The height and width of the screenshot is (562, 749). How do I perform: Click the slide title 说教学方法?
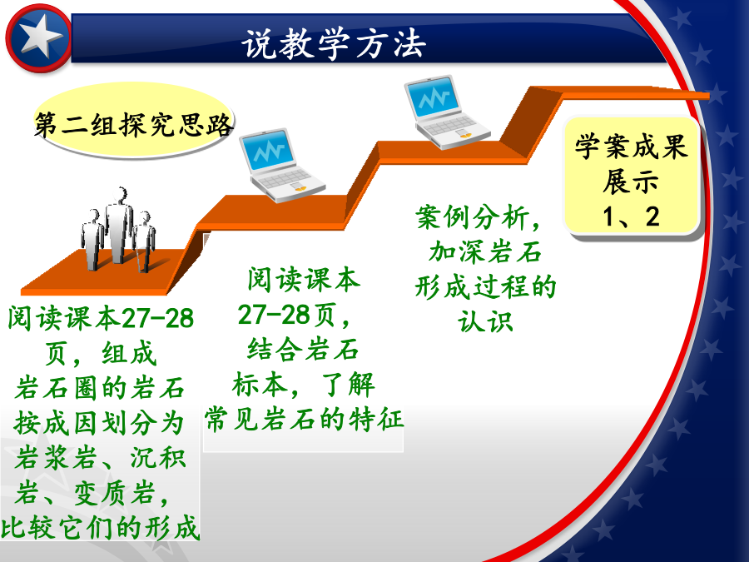click(334, 44)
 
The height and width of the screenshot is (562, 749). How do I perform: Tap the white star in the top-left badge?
click(40, 37)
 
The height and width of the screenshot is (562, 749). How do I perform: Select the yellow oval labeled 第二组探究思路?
click(133, 120)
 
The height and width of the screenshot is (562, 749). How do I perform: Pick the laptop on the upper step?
click(446, 112)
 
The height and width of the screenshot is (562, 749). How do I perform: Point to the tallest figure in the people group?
click(118, 225)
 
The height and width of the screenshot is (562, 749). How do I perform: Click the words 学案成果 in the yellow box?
click(631, 146)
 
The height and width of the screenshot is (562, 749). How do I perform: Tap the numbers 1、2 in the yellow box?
click(631, 216)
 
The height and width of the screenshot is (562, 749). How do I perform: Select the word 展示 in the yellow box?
click(631, 182)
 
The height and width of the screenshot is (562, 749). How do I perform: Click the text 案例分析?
click(472, 217)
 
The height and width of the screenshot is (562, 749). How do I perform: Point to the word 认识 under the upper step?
click(486, 321)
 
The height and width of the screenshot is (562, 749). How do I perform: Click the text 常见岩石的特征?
click(304, 419)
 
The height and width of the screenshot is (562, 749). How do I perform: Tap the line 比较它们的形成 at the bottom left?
click(100, 528)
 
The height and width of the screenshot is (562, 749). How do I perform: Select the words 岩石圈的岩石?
click(100, 387)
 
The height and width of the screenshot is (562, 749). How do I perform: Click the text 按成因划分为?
click(99, 423)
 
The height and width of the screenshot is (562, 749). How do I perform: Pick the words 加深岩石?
click(485, 251)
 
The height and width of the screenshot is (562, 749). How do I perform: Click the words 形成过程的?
click(485, 286)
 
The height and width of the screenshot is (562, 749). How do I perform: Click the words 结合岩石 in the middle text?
click(303, 349)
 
